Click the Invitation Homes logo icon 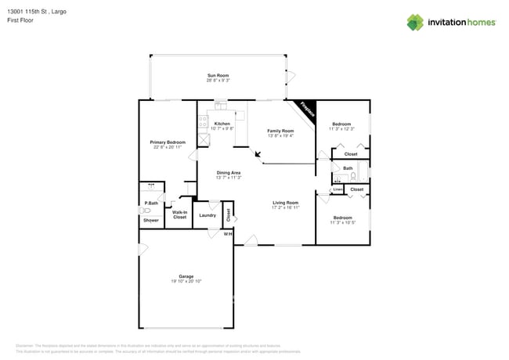click(x=415, y=23)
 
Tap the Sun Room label click(x=217, y=74)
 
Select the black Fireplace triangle click(x=306, y=110)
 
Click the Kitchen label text click(x=222, y=124)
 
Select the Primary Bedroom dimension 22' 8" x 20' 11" click(x=168, y=147)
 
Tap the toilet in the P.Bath click(x=145, y=210)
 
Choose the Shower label click(x=150, y=220)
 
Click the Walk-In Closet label click(x=179, y=214)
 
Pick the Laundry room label click(x=208, y=215)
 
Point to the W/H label click(x=228, y=234)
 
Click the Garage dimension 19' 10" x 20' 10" click(x=186, y=281)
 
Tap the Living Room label click(x=285, y=203)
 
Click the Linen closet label click(x=338, y=189)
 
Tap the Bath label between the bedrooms click(x=348, y=168)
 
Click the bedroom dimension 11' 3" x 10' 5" click(x=342, y=222)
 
